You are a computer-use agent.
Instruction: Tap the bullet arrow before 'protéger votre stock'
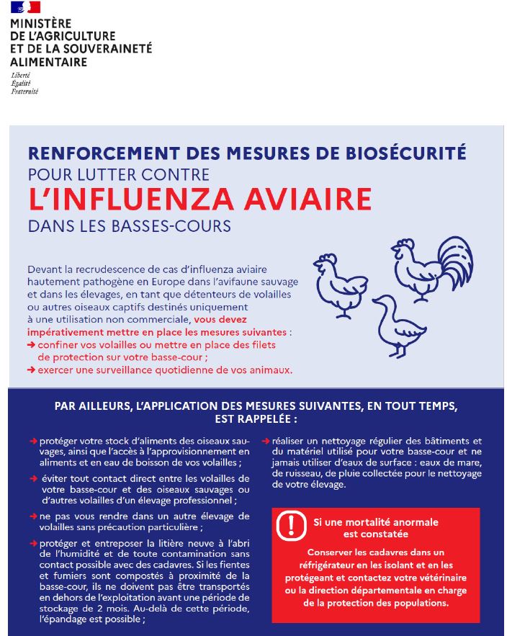point(33,441)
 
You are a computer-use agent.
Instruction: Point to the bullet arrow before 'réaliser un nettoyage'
point(266,441)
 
